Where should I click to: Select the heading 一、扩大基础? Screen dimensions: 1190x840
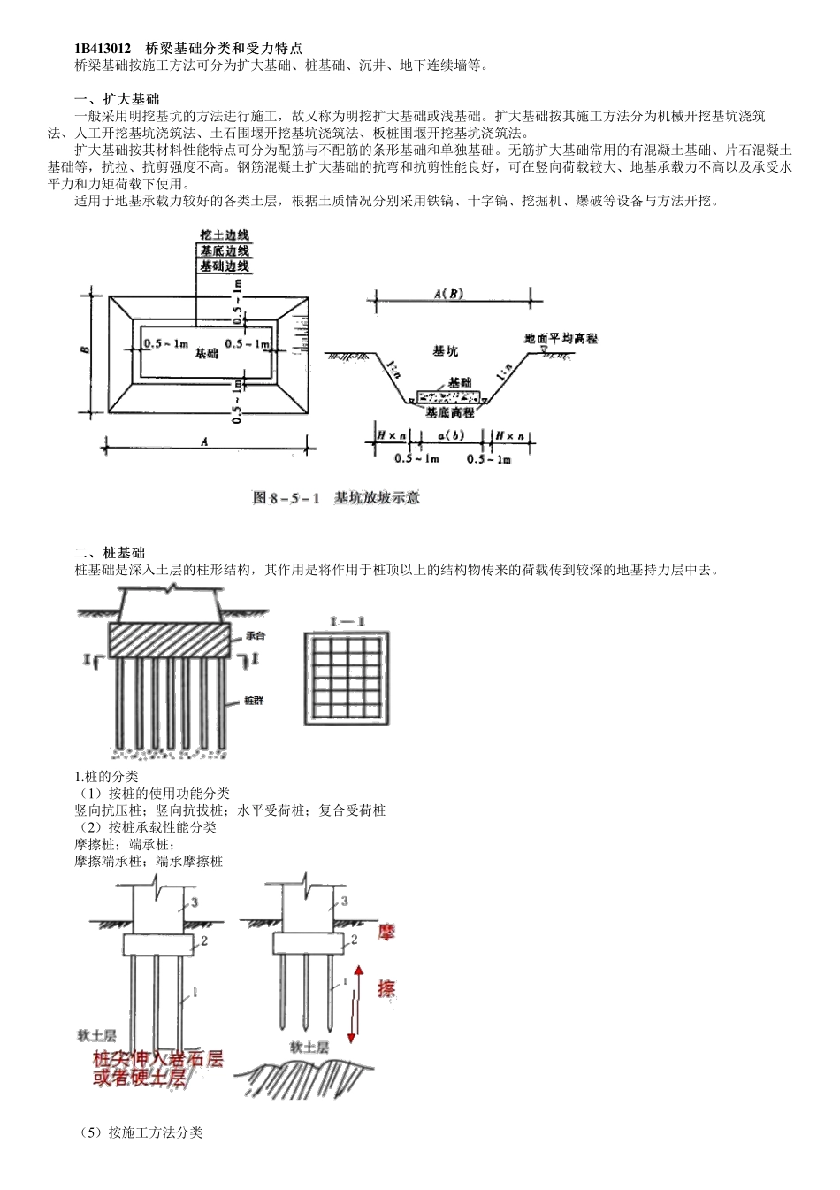pos(117,98)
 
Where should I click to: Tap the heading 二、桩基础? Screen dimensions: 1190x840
pos(110,553)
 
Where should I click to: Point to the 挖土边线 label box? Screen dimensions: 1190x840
pos(224,235)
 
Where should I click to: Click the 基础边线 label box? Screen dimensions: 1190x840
pos(224,265)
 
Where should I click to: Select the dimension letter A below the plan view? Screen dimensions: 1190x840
pos(204,443)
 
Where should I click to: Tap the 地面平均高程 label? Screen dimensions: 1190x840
pos(561,339)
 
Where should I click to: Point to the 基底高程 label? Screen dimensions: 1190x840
pos(449,412)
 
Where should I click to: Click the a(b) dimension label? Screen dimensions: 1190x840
pos(451,436)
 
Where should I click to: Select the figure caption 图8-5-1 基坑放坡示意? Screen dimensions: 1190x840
pos(336,498)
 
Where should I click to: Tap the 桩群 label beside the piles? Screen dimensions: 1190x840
pos(255,700)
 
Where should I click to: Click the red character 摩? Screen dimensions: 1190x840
pos(386,932)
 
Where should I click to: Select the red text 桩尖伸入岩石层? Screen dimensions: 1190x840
pos(157,1058)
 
